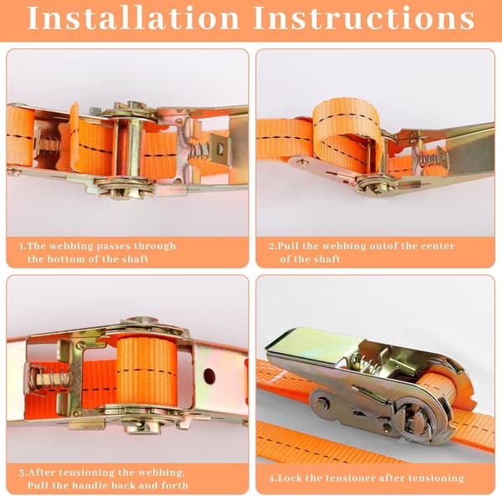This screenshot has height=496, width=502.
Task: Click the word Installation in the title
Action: pyautogui.click(x=133, y=18)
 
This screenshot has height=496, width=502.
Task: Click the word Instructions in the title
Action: pyautogui.click(x=363, y=18)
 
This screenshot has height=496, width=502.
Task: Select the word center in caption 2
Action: pyautogui.click(x=438, y=246)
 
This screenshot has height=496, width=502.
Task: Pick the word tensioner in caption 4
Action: pyautogui.click(x=341, y=478)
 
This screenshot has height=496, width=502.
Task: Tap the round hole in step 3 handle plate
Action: pyautogui.click(x=209, y=376)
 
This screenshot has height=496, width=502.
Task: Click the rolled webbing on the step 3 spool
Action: pyautogui.click(x=146, y=371)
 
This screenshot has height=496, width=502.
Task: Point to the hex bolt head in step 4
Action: pyautogui.click(x=321, y=405)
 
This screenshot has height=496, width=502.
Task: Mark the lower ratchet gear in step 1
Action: pyautogui.click(x=125, y=188)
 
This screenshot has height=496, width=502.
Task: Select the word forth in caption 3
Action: pyautogui.click(x=175, y=485)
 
